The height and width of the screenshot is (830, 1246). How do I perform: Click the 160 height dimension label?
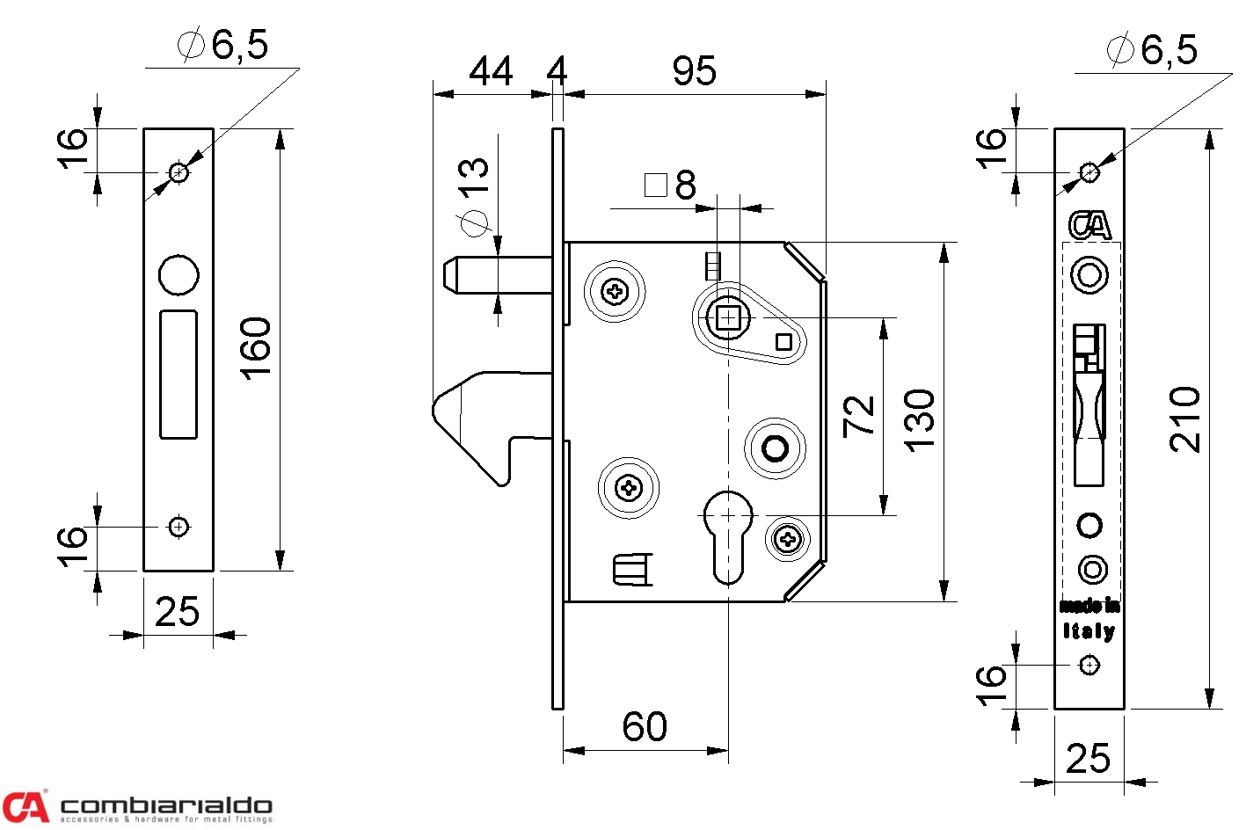click(256, 349)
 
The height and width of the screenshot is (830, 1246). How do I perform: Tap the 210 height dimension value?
click(1185, 419)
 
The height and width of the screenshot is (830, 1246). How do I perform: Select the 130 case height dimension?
click(920, 420)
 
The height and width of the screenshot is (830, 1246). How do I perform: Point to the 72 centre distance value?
click(859, 417)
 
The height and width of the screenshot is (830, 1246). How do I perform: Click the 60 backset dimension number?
click(645, 727)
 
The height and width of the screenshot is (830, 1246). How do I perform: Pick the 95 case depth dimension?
click(694, 71)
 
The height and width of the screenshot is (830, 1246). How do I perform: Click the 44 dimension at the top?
click(491, 71)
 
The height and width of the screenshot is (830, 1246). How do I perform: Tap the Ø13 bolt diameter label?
click(474, 197)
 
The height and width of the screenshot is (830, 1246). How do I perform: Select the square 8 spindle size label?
click(672, 186)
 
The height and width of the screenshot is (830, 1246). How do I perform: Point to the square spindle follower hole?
click(727, 317)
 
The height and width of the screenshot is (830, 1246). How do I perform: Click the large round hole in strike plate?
click(179, 274)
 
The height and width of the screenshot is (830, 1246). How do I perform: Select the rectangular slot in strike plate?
click(179, 374)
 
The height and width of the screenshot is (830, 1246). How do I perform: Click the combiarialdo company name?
click(166, 805)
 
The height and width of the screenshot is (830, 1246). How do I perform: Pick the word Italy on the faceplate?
click(1089, 630)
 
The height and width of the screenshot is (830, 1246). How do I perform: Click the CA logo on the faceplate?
click(1089, 225)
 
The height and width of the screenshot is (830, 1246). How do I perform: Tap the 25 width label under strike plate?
click(177, 612)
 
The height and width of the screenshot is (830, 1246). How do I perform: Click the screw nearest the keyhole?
click(788, 540)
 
